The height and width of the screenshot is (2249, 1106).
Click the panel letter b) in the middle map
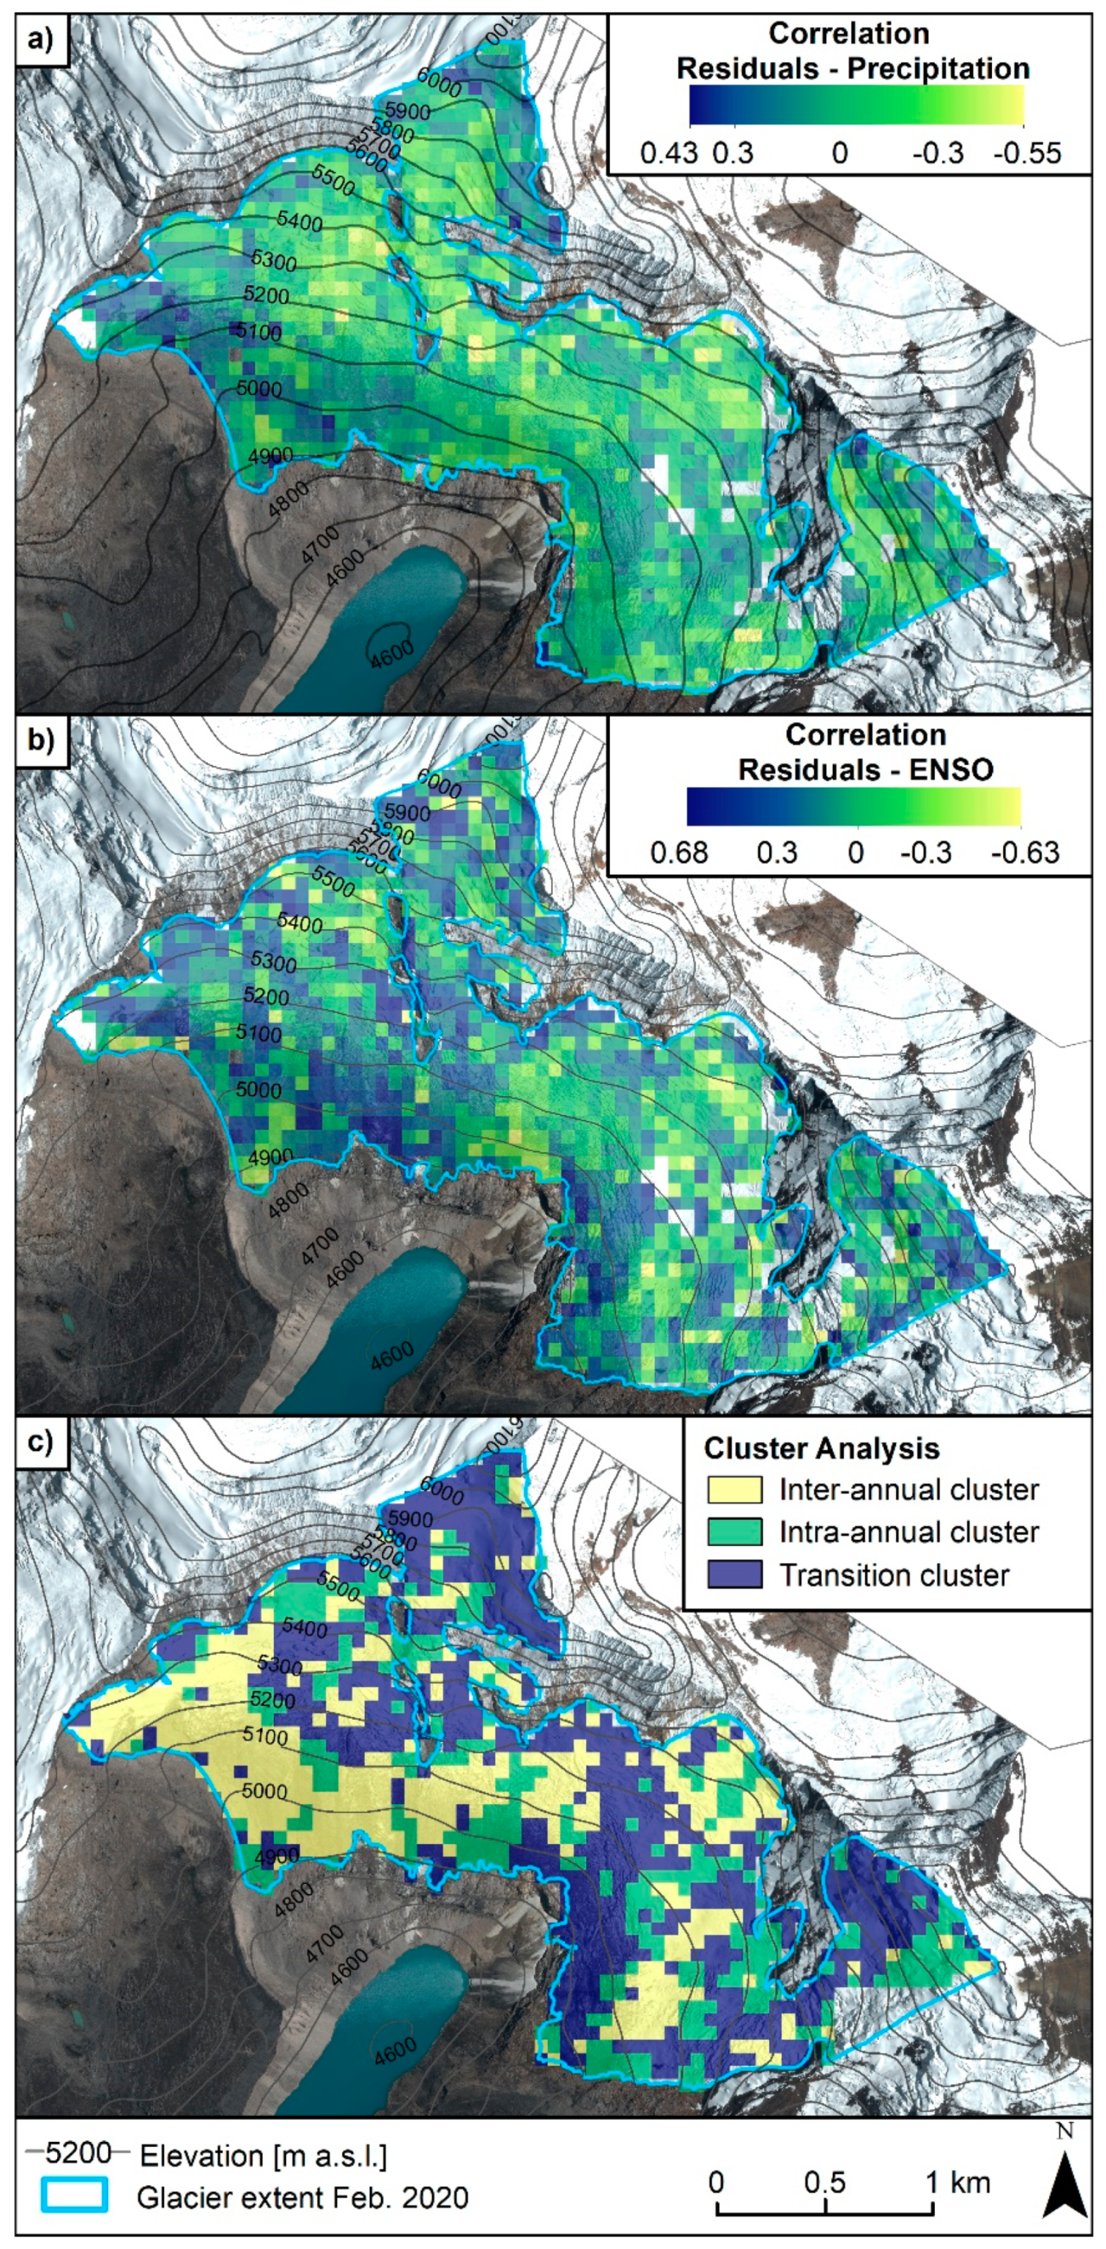(40, 740)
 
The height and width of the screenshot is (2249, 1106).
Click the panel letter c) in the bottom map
(40, 1440)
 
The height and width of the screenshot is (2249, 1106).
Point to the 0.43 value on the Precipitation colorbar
(669, 154)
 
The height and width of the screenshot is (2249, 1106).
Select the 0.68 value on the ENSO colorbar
(679, 852)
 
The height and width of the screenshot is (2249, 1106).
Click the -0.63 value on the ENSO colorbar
(1026, 852)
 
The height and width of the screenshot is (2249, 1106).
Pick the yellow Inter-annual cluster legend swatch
(734, 1490)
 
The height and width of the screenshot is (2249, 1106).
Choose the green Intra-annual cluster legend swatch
(734, 1532)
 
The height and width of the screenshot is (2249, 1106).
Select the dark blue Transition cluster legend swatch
(734, 1575)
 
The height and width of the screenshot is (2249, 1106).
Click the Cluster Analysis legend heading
(821, 1448)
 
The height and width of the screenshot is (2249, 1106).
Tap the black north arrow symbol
(1066, 2183)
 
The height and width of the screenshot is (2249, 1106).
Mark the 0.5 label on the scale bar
(825, 2183)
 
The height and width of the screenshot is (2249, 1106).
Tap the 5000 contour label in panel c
(263, 1791)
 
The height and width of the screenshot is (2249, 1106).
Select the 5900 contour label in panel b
(408, 813)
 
